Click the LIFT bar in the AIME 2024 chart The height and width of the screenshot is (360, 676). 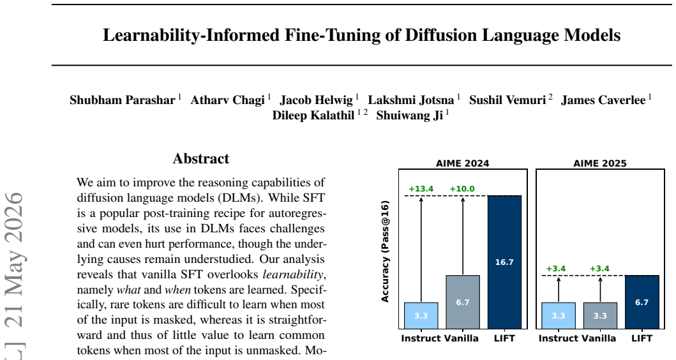pos(504,262)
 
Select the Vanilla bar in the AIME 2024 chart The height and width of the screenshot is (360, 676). pos(463,302)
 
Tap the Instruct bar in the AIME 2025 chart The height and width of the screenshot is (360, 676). pos(559,316)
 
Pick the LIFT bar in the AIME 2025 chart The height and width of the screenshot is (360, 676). pos(642,302)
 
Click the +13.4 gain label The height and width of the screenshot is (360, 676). pos(421,189)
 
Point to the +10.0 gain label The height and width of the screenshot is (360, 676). pos(462,189)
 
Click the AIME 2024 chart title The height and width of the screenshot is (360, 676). pos(463,163)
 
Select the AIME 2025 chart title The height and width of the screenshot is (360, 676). pos(599,163)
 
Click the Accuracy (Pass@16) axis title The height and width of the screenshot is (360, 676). pos(385,251)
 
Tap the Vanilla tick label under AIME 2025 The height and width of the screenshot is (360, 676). pos(599,338)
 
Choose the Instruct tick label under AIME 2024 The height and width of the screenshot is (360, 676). pos(421,338)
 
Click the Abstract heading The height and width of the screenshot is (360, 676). pos(201,159)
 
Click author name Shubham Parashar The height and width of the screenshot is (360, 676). pos(123,100)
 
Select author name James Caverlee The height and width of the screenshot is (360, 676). pos(603,100)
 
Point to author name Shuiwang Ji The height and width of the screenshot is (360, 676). pos(410,116)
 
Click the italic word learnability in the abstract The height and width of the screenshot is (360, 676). pos(293,274)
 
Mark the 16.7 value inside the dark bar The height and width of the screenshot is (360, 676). pos(504,262)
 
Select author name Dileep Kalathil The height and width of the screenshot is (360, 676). pos(313,116)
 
